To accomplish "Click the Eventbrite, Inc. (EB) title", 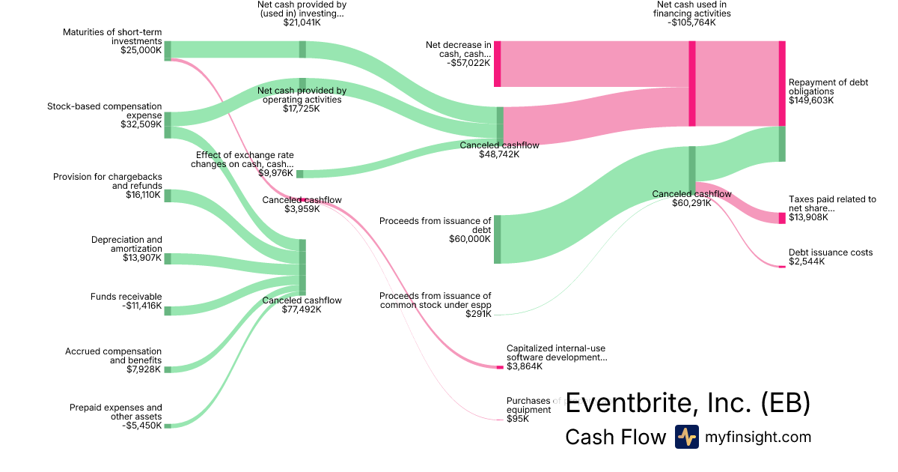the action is [x=688, y=403].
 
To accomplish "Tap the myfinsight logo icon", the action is [x=686, y=437].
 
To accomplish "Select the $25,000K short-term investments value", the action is [x=141, y=50].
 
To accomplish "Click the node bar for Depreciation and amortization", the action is [x=168, y=258].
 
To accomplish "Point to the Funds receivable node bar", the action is [x=168, y=310].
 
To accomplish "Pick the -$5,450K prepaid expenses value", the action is [x=141, y=426].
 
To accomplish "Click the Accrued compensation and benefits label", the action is [x=113, y=356].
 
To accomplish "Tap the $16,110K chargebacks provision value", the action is [x=144, y=195].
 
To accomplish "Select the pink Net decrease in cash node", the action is [x=497, y=64].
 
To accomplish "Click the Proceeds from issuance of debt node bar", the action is [x=497, y=239].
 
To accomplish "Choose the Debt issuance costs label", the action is [x=831, y=252].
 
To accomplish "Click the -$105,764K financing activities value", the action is [x=691, y=22].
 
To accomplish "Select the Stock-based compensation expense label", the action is [x=104, y=111].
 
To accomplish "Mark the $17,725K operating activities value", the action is [x=302, y=109].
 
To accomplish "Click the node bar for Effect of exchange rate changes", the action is [x=300, y=174].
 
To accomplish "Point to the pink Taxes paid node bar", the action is [x=782, y=218].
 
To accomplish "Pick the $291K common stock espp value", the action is [x=478, y=314].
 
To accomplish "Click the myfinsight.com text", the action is [x=758, y=437].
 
